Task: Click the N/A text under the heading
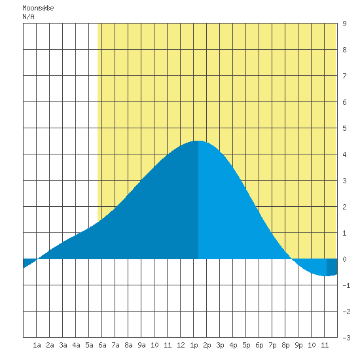tap(28, 16)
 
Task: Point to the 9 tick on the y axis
tap(344, 24)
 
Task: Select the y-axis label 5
tap(344, 128)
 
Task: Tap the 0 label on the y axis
tap(344, 259)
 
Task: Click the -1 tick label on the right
tap(346, 285)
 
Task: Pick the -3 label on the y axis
tap(346, 338)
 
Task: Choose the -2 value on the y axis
tap(346, 312)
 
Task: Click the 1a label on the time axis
tap(37, 345)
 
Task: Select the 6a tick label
tap(102, 345)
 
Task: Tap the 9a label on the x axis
tap(141, 345)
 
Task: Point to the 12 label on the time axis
tap(181, 345)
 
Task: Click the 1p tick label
tap(194, 345)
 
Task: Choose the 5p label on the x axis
tap(246, 345)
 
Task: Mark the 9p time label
tap(298, 345)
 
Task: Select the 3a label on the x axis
tap(63, 345)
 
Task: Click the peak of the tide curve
tap(198, 141)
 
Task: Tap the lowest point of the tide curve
tap(326, 276)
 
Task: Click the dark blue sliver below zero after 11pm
tap(332, 267)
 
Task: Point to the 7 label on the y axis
tap(344, 76)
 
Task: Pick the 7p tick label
tap(272, 345)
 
